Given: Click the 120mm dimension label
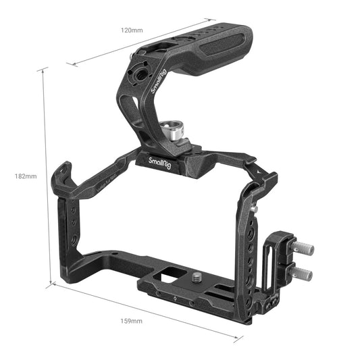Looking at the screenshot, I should (132, 31).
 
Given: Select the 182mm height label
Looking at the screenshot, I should (25, 176).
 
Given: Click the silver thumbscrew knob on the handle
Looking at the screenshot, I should (172, 131).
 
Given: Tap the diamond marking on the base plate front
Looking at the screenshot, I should (174, 298).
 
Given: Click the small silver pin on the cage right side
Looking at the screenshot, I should (255, 210).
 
